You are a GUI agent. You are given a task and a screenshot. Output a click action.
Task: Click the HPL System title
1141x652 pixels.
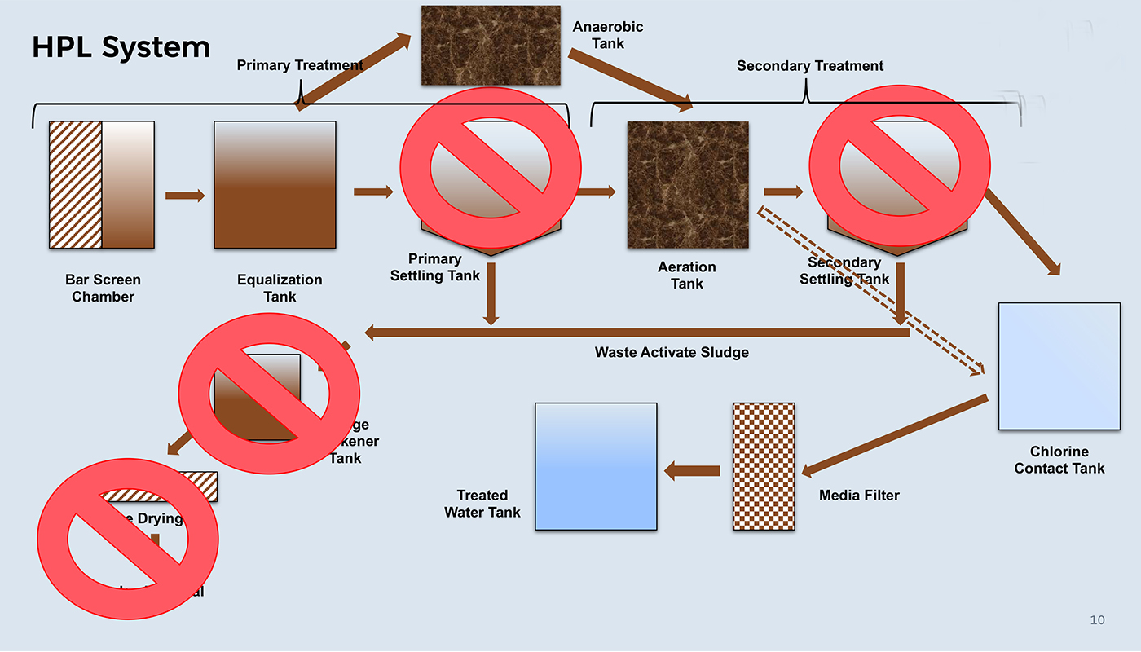click(x=121, y=47)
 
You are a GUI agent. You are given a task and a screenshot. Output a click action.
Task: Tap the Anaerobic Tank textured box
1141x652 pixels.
click(x=491, y=46)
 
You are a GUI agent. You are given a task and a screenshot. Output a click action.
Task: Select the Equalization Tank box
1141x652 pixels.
click(x=275, y=185)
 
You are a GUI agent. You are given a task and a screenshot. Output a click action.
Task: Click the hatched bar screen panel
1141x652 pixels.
click(x=75, y=185)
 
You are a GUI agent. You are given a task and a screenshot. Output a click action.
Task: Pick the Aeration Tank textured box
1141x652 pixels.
click(x=687, y=185)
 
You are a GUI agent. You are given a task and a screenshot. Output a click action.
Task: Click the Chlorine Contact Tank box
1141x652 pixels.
click(x=1059, y=366)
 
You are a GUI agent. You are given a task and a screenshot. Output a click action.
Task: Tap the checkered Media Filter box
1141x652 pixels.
click(x=764, y=466)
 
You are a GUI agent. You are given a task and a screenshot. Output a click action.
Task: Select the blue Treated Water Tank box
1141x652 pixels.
click(x=596, y=466)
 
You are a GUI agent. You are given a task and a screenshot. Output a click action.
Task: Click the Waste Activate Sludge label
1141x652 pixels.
click(x=671, y=352)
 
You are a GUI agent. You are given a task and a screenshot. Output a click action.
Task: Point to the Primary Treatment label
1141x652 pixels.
click(x=300, y=65)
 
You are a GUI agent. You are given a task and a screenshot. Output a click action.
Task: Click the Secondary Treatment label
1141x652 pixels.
click(x=809, y=66)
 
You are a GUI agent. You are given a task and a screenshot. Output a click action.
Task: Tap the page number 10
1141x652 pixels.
click(x=1097, y=620)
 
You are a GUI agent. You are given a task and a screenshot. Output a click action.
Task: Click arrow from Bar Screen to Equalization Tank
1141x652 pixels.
click(x=185, y=196)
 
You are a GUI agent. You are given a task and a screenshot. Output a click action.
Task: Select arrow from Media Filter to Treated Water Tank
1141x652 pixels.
click(x=692, y=470)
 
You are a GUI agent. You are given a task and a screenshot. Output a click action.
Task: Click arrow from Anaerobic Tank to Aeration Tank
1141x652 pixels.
click(x=629, y=79)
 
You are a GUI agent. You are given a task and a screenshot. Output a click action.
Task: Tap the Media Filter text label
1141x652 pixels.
click(x=859, y=495)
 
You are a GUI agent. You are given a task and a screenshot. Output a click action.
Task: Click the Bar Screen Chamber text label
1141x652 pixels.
click(x=103, y=289)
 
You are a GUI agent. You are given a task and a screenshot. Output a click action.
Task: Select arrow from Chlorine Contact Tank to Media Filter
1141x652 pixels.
click(x=894, y=435)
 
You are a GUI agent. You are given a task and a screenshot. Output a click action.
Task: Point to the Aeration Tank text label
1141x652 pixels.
click(x=687, y=275)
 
